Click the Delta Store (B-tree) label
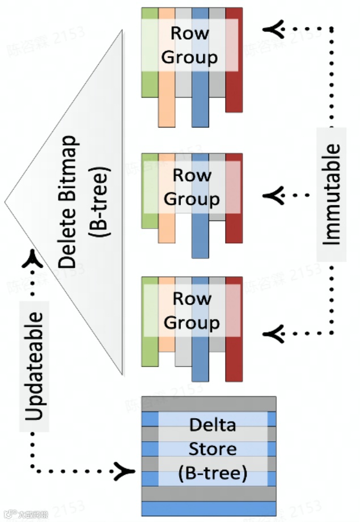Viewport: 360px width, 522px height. [212, 449]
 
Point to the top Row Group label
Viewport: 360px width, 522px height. [189, 45]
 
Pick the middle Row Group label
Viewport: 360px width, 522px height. [191, 187]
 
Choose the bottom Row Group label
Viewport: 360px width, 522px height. [191, 310]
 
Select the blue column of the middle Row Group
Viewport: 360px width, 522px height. [200, 238]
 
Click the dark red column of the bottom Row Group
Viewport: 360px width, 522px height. [234, 363]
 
